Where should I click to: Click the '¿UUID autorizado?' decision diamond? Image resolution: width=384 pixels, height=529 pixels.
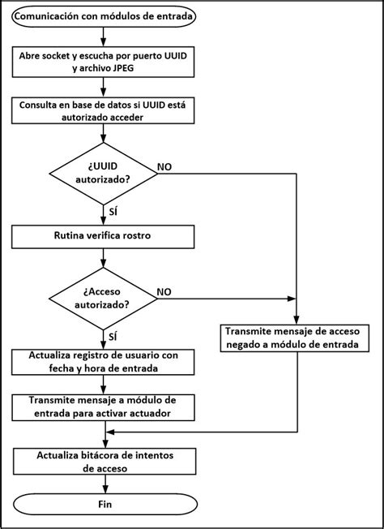102,172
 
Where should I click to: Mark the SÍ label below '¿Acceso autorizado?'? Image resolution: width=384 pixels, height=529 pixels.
112,335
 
